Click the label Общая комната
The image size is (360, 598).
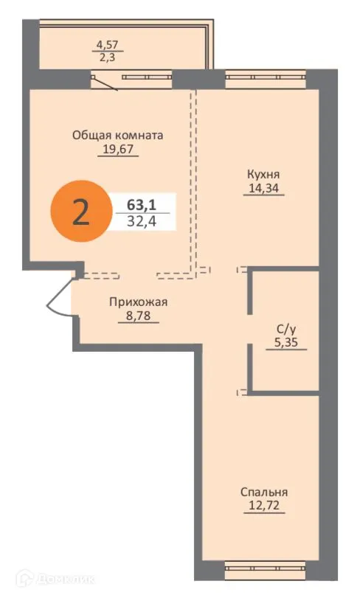pos(117,135)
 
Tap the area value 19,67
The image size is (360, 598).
pos(117,149)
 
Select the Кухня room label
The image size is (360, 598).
pos(263,175)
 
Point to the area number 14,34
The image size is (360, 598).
pos(263,189)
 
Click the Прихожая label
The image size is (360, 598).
pos(139,301)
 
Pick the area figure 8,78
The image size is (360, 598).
pos(139,315)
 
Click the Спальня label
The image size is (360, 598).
pos(263,492)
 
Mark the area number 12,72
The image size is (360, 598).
pos(263,506)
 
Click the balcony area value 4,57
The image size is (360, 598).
pos(103,46)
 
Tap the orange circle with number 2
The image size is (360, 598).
pos(79,212)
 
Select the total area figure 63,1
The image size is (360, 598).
pos(140,204)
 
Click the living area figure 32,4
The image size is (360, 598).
pos(140,220)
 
